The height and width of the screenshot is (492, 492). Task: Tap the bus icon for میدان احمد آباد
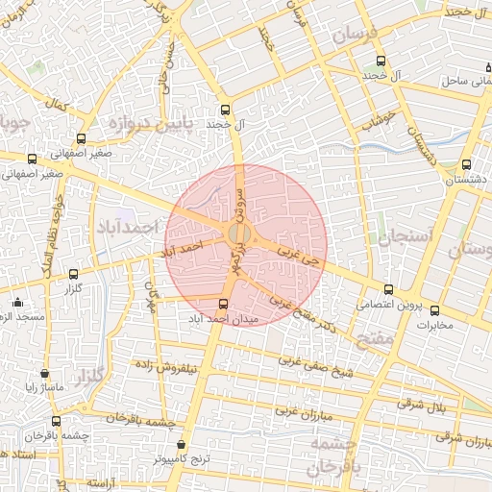click(224, 304)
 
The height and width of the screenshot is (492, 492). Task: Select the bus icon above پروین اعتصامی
click(388, 289)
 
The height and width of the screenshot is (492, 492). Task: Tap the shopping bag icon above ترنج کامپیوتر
click(182, 445)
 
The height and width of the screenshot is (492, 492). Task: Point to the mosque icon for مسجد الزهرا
click(17, 302)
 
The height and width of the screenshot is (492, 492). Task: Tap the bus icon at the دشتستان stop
click(467, 165)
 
